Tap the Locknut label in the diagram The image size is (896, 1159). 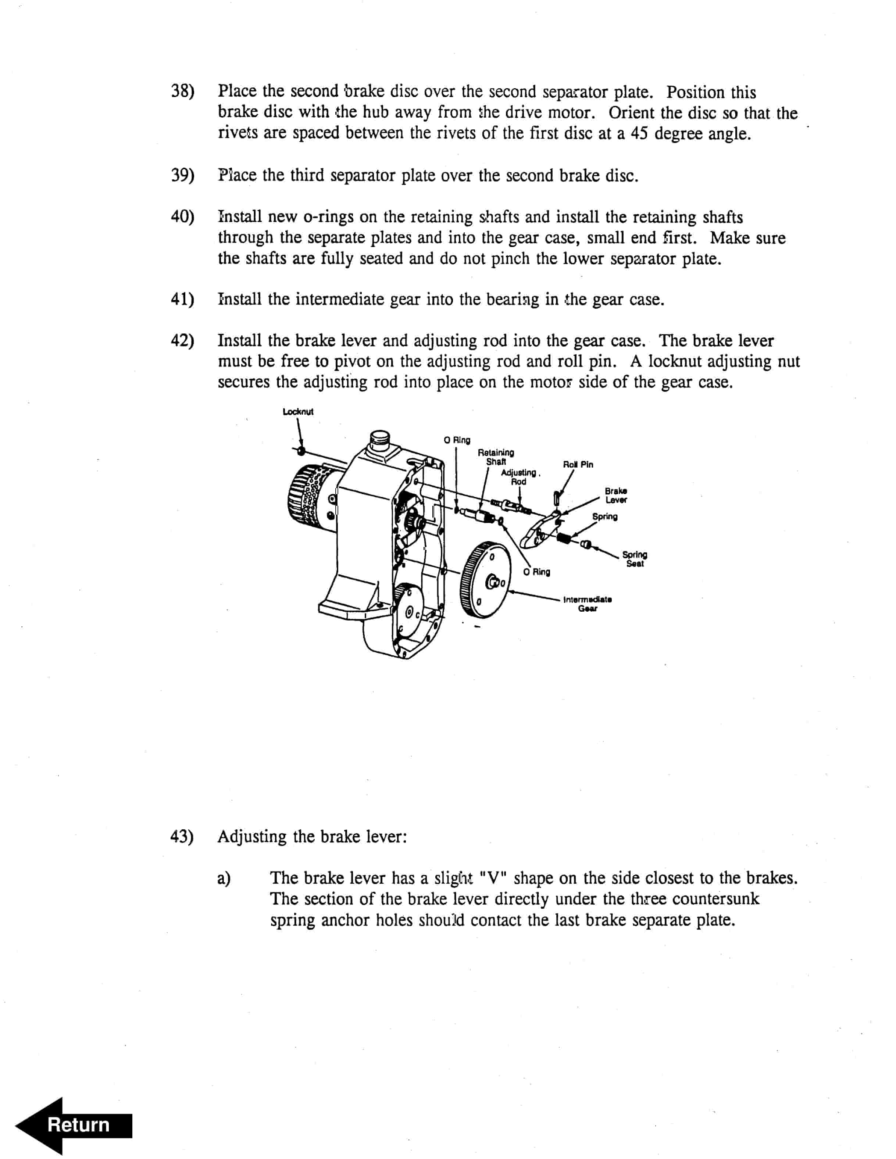[x=298, y=411]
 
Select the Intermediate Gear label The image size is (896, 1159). [x=587, y=604]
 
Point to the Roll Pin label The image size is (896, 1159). [x=578, y=464]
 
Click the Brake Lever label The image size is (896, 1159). [x=616, y=495]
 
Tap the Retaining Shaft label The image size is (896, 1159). [x=496, y=457]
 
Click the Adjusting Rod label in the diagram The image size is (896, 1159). [x=519, y=477]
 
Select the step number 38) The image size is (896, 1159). [x=182, y=91]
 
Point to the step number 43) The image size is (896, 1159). [x=182, y=837]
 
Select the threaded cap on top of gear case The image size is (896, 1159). [x=381, y=438]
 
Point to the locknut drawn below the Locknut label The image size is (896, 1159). [x=301, y=451]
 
